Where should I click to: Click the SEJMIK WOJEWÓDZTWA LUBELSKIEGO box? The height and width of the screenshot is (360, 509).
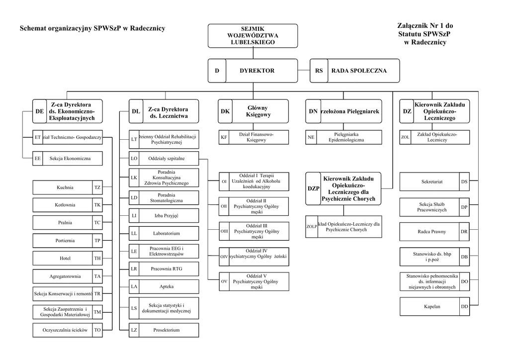(x=253, y=36)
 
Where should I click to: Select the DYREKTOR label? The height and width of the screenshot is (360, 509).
(x=256, y=71)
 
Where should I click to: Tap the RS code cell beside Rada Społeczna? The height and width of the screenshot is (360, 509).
(x=319, y=71)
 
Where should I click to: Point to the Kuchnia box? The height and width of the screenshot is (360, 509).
(x=65, y=187)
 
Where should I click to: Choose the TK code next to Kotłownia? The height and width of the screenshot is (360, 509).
(x=97, y=205)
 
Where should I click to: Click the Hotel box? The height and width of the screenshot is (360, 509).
(x=65, y=259)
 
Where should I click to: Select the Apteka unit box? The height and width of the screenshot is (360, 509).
(x=167, y=286)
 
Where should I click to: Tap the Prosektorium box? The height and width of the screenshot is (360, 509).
(x=167, y=330)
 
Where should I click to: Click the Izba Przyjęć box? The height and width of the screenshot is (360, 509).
(x=167, y=216)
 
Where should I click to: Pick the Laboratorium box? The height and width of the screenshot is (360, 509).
(x=167, y=233)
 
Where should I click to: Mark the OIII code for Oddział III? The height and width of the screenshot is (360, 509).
(x=224, y=231)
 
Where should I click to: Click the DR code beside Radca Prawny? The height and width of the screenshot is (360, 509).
(x=464, y=232)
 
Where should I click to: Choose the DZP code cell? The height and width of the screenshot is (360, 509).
(x=313, y=188)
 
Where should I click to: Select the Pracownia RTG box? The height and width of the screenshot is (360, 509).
(x=167, y=269)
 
